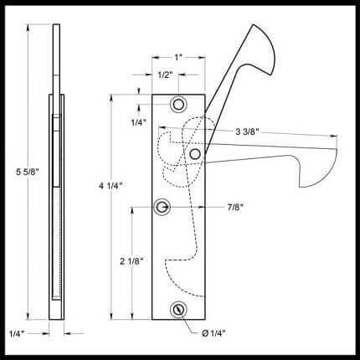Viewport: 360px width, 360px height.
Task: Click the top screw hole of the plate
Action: pyautogui.click(x=179, y=105)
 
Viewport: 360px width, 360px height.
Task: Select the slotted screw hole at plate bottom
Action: pyautogui.click(x=179, y=309)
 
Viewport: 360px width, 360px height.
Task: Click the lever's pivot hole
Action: pyautogui.click(x=194, y=154)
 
